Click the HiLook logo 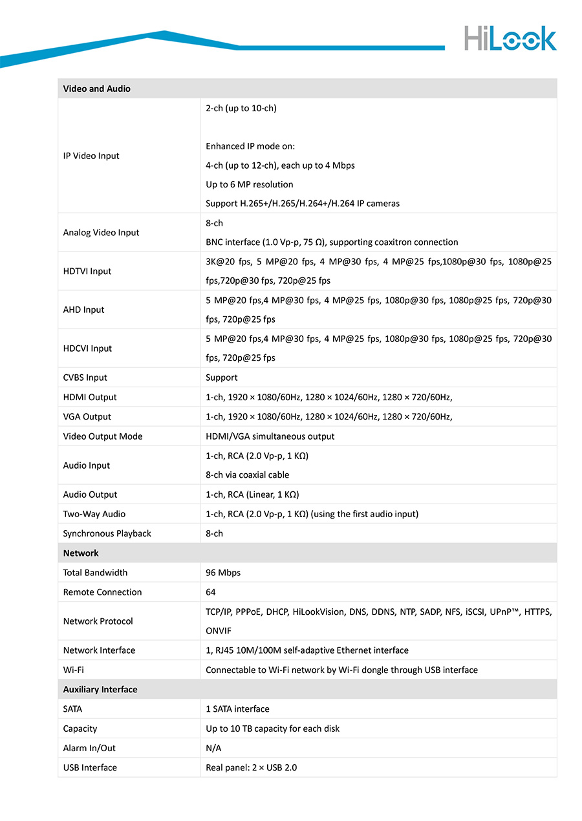(x=510, y=38)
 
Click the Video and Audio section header (x=96, y=89)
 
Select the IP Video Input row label (x=91, y=156)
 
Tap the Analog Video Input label (x=101, y=233)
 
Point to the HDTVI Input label (x=87, y=272)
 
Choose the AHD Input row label (x=83, y=310)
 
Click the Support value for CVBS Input (x=221, y=378)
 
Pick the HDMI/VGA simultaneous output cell (x=270, y=436)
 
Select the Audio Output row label (x=90, y=495)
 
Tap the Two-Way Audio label (x=94, y=514)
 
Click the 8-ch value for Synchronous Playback (x=214, y=533)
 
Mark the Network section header (x=81, y=553)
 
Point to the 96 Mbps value (x=222, y=573)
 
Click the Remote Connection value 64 (x=211, y=592)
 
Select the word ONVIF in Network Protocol (x=219, y=631)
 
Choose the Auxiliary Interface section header (x=100, y=690)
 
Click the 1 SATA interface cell (x=237, y=709)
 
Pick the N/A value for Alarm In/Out (x=213, y=748)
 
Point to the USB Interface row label (x=90, y=767)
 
